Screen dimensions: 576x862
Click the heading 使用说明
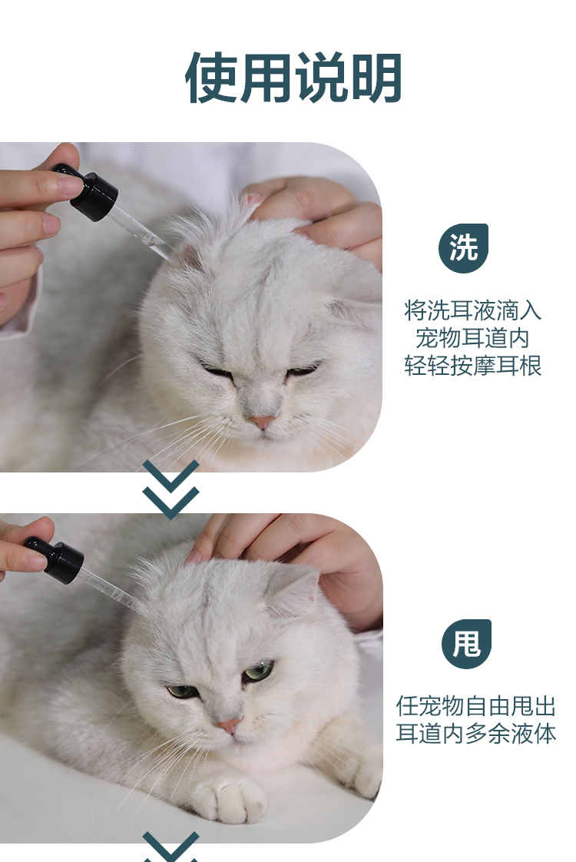click(x=293, y=78)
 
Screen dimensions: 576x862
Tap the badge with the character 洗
click(x=463, y=248)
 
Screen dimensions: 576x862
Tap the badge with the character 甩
click(x=466, y=644)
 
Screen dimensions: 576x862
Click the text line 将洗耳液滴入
click(x=472, y=310)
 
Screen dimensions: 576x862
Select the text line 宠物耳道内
click(x=472, y=338)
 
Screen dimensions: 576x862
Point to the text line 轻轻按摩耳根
click(x=472, y=366)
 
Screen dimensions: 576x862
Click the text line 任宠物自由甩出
click(x=476, y=706)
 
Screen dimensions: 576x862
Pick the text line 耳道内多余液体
click(x=476, y=734)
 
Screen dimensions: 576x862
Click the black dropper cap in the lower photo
click(x=55, y=559)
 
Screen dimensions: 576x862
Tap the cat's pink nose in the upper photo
click(x=261, y=423)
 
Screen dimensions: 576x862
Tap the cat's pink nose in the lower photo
click(x=229, y=726)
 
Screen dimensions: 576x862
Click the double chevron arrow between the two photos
click(x=171, y=489)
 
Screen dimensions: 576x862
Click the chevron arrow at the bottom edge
click(x=171, y=847)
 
